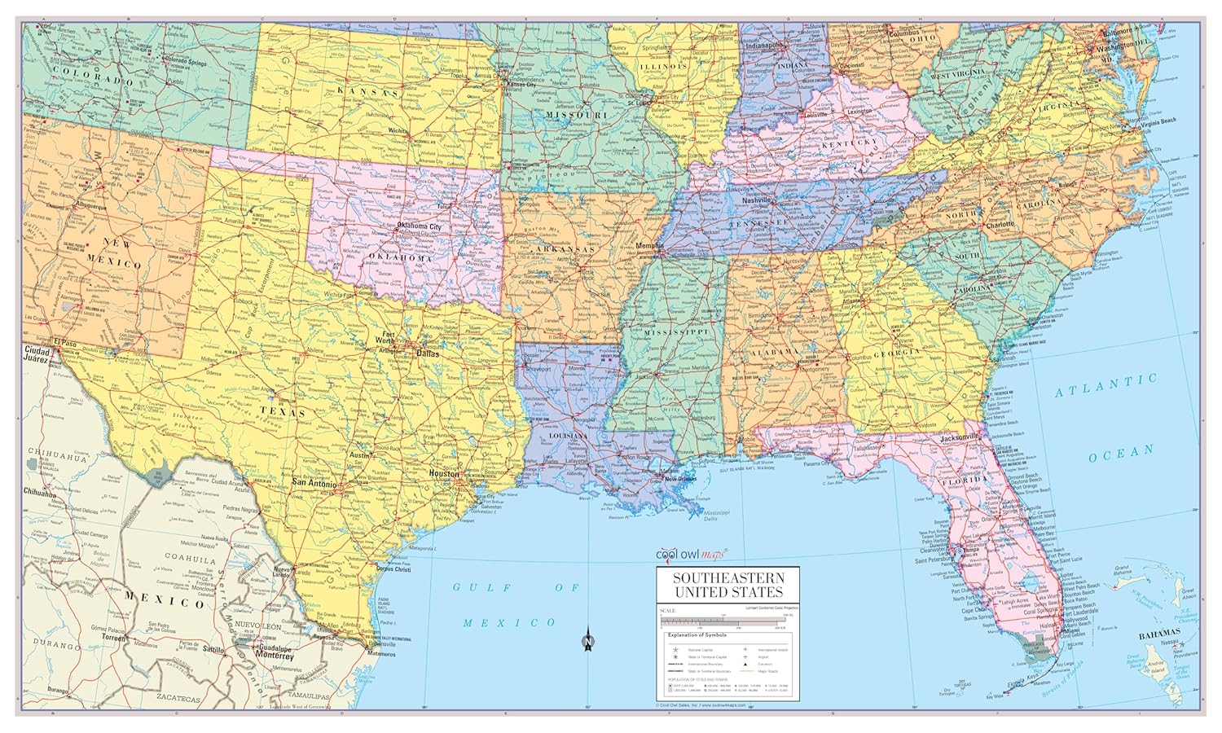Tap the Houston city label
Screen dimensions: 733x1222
[x=445, y=473]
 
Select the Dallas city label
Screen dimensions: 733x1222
[x=428, y=354]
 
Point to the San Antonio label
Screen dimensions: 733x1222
[x=314, y=484]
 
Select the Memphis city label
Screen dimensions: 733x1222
[x=650, y=245]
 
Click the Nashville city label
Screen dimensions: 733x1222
[x=756, y=199]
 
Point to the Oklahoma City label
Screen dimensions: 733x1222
[x=418, y=226]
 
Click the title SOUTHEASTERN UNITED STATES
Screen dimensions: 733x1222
[x=728, y=585]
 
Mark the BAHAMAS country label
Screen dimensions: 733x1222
[x=1159, y=633]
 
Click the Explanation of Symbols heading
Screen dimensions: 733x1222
[x=696, y=634]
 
